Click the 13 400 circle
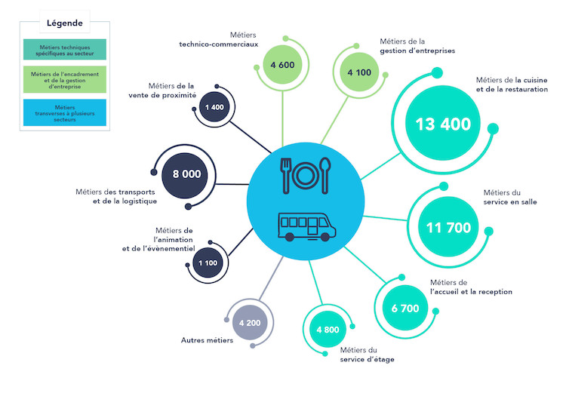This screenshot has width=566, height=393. (x=443, y=123)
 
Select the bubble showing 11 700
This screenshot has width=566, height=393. (x=448, y=227)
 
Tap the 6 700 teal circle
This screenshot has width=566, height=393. (x=405, y=308)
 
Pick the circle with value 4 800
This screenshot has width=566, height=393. (x=328, y=329)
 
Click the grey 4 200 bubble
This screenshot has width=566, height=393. (x=250, y=323)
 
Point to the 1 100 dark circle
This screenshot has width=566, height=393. (x=208, y=263)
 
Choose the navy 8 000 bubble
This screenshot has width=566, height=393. (x=186, y=174)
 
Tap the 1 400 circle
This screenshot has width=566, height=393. (x=214, y=107)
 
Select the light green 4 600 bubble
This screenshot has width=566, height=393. (x=282, y=65)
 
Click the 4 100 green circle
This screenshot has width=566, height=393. (x=359, y=72)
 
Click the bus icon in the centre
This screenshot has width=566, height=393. (x=307, y=226)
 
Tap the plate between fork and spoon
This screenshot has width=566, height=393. (x=305, y=176)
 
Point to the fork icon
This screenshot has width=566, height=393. (x=286, y=176)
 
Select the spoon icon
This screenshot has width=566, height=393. (x=325, y=176)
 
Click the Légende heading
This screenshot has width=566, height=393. (x=65, y=23)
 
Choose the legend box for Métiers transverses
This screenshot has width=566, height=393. (x=65, y=113)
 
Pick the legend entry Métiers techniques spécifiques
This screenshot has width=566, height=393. (x=65, y=50)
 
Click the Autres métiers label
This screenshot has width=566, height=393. (x=207, y=340)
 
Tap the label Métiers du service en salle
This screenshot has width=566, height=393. (x=510, y=198)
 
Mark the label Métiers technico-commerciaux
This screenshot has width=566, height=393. (x=219, y=40)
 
